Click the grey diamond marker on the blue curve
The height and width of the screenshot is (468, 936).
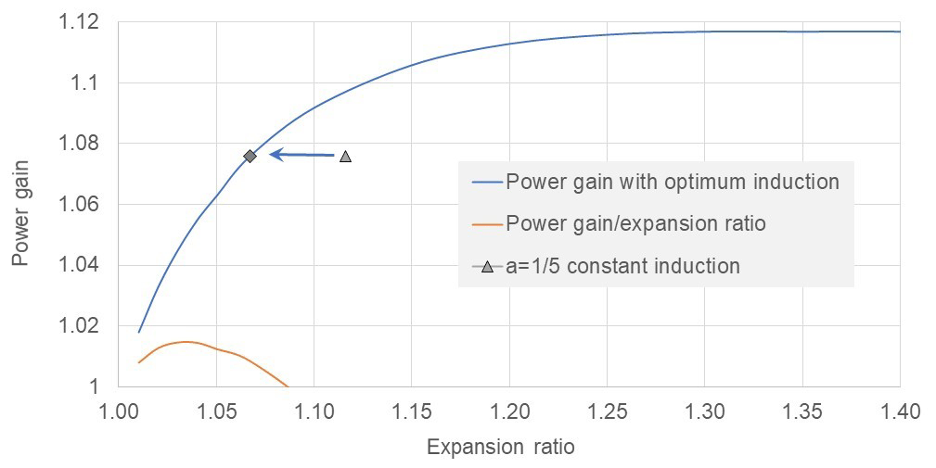click(x=250, y=156)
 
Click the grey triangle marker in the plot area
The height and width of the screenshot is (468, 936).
click(x=345, y=157)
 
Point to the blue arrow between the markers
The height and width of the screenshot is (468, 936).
click(x=301, y=155)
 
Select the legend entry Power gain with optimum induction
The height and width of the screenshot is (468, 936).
click(x=673, y=182)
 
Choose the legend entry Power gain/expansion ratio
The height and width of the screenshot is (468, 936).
click(x=635, y=223)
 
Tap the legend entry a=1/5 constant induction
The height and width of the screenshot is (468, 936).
click(x=622, y=267)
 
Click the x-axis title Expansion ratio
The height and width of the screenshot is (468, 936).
click(x=500, y=448)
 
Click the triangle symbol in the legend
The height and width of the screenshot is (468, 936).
click(x=487, y=267)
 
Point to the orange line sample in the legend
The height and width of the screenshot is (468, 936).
click(x=487, y=223)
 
